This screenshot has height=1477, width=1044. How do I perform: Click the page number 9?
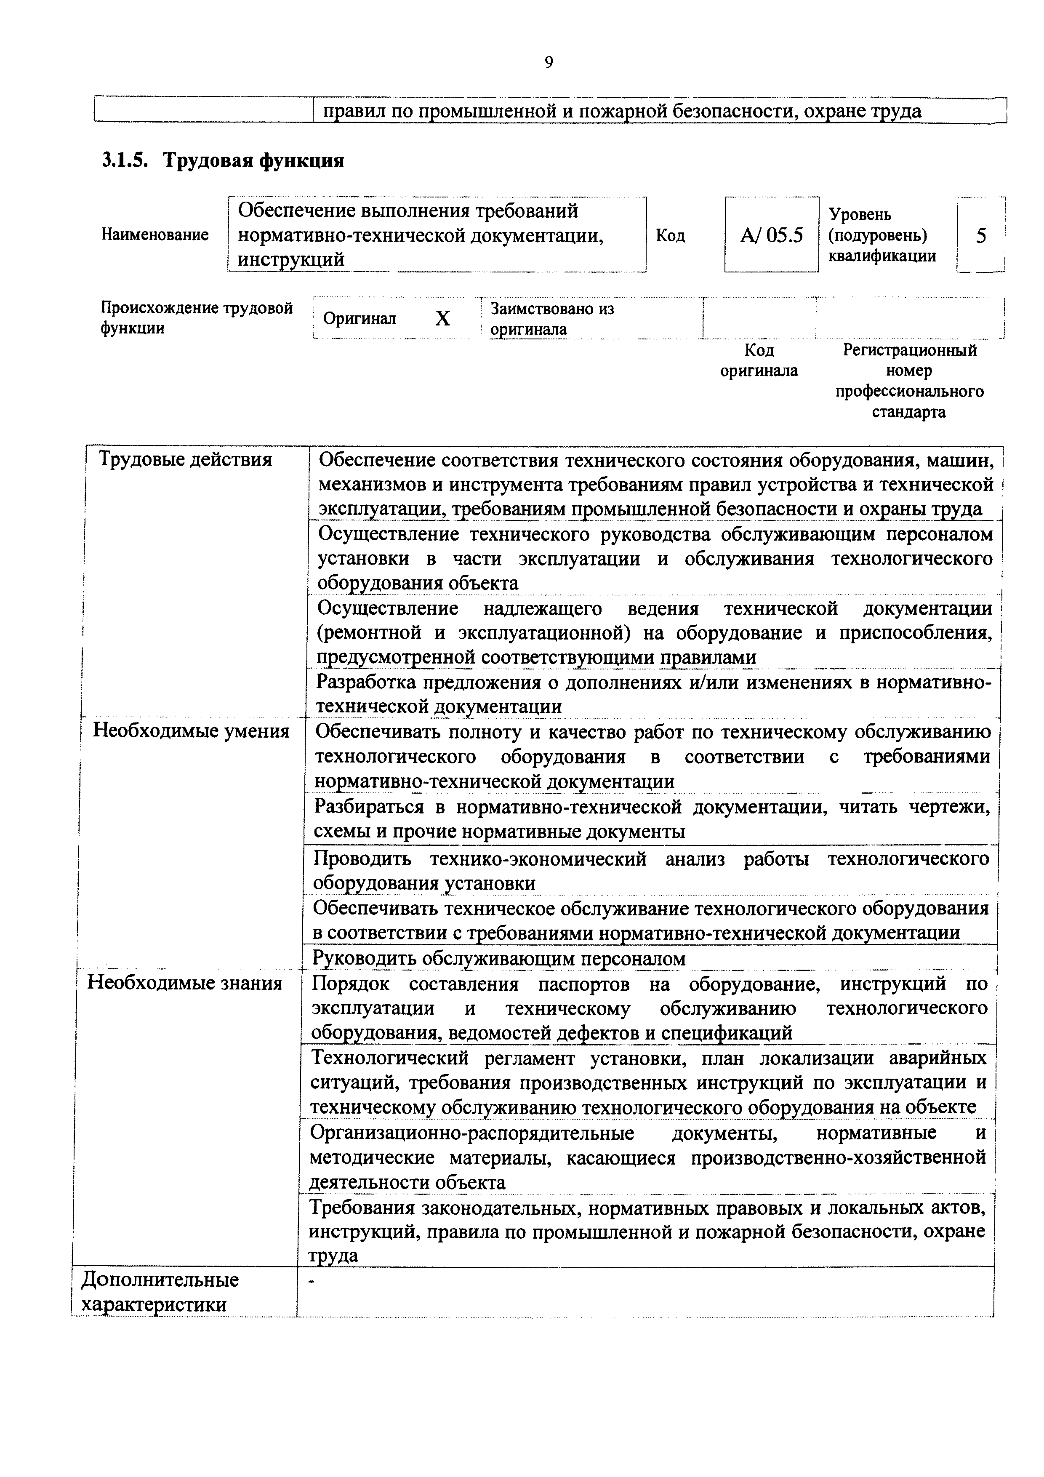548,62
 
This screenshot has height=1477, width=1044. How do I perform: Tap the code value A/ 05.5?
771,235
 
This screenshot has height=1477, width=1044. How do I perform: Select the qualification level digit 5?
980,235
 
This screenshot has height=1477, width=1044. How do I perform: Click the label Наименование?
154,235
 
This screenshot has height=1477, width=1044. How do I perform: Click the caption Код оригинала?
759,360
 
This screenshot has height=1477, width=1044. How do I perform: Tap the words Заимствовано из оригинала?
551,318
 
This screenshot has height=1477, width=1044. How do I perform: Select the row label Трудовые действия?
185,460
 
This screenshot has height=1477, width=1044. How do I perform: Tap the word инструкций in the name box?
291,259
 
